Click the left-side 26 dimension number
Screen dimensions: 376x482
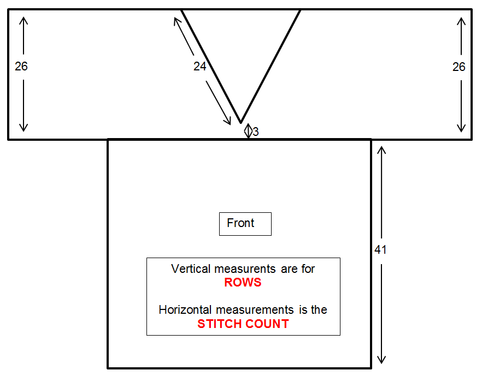click(21, 67)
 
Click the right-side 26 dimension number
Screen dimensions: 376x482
click(459, 67)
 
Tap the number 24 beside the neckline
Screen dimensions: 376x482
click(200, 67)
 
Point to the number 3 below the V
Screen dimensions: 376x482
click(256, 132)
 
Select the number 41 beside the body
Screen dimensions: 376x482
click(381, 249)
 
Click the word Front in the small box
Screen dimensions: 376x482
click(240, 223)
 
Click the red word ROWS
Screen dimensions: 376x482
click(243, 283)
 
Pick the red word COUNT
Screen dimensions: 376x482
click(267, 324)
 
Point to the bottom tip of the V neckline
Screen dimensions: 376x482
click(240, 122)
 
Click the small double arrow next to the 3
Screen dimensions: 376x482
click(248, 131)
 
